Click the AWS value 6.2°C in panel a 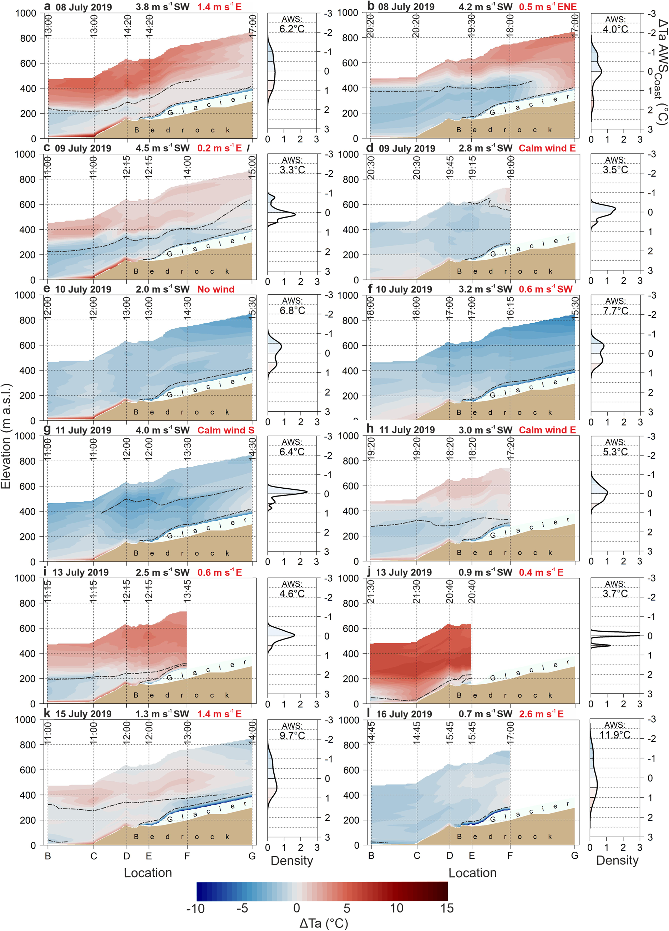pyautogui.click(x=292, y=29)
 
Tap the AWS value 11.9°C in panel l pyautogui.click(x=615, y=735)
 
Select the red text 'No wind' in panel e pyautogui.click(x=216, y=289)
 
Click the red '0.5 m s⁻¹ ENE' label pyautogui.click(x=547, y=7)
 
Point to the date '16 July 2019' pyautogui.click(x=404, y=714)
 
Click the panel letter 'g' pyautogui.click(x=47, y=430)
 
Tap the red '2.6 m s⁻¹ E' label pyautogui.click(x=541, y=714)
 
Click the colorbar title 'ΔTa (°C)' pyautogui.click(x=324, y=923)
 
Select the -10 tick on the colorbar pyautogui.click(x=196, y=909)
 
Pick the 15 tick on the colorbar pyautogui.click(x=447, y=909)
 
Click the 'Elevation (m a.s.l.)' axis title pyautogui.click(x=6, y=436)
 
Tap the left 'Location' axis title pyautogui.click(x=148, y=873)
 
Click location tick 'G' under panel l pyautogui.click(x=574, y=855)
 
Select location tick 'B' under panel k pyautogui.click(x=48, y=856)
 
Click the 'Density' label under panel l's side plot pyautogui.click(x=617, y=860)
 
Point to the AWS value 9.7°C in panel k pyautogui.click(x=292, y=735)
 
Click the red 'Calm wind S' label pyautogui.click(x=226, y=430)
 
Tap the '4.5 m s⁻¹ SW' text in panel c pyautogui.click(x=163, y=148)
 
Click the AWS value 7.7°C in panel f pyautogui.click(x=615, y=311)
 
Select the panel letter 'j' pyautogui.click(x=369, y=571)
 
